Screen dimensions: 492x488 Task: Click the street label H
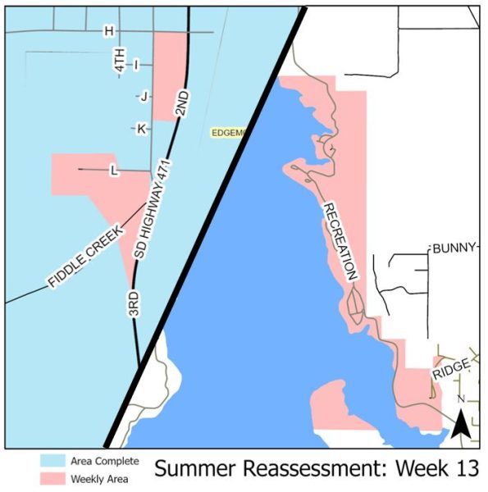pyautogui.click(x=107, y=31)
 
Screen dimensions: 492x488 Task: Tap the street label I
pyautogui.click(x=137, y=64)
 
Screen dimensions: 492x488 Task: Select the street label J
pyautogui.click(x=144, y=96)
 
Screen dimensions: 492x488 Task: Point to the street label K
pyautogui.click(x=141, y=129)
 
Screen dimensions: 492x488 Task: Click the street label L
pyautogui.click(x=113, y=170)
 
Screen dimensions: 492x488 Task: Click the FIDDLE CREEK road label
pyautogui.click(x=85, y=256)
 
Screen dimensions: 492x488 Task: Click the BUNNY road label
pyautogui.click(x=454, y=248)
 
